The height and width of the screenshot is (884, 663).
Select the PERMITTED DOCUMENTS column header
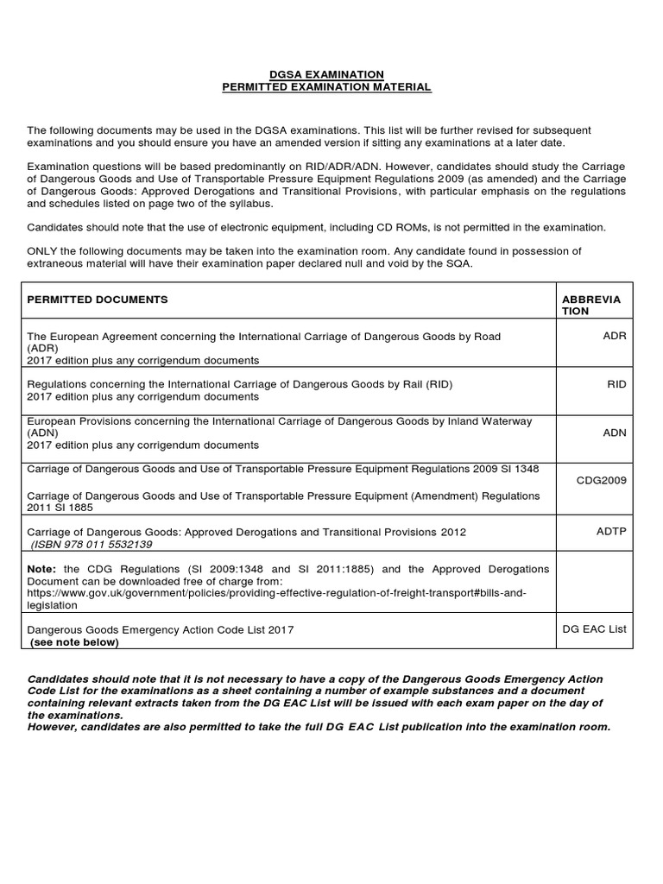98,299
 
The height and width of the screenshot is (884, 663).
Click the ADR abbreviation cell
616,335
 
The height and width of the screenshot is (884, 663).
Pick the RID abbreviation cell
616,384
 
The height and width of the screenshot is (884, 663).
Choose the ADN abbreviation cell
616,433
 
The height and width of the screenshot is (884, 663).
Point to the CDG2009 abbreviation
602,480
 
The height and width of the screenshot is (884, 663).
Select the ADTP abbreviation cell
611,532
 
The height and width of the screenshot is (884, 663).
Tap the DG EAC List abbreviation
595,629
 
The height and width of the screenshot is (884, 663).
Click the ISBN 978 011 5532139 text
92,545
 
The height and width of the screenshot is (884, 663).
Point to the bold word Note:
41,570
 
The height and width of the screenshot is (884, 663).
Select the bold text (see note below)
74,642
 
